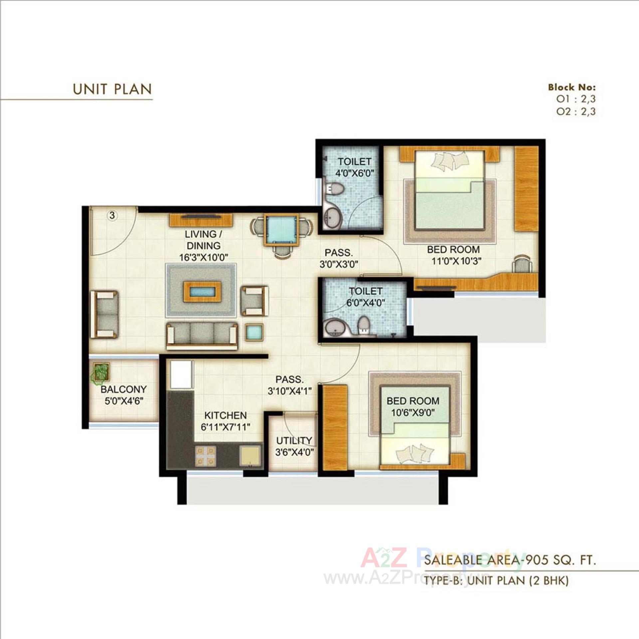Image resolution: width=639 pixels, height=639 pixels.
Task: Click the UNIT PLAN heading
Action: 112,89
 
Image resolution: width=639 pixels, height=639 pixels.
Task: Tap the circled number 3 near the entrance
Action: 112,215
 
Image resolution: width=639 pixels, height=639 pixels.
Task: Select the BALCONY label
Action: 123,389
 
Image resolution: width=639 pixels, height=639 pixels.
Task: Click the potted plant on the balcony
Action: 101,372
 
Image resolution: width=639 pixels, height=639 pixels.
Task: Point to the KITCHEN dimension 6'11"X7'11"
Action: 225,427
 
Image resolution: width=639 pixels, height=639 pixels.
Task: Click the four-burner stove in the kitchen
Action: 205,456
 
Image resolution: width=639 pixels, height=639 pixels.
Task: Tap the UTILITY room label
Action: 294,441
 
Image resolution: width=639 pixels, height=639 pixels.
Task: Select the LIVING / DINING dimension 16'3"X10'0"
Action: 204,257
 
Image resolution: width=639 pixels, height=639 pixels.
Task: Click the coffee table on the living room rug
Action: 202,292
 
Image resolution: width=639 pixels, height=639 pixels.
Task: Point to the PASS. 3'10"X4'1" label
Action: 290,385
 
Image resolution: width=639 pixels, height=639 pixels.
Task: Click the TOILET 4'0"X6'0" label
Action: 354,167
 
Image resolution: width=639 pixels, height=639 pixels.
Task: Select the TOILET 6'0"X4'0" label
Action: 365,297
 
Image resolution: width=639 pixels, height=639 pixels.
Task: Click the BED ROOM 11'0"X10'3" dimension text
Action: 456,261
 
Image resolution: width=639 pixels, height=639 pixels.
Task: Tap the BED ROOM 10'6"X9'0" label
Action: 413,407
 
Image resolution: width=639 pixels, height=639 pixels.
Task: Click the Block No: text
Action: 572,88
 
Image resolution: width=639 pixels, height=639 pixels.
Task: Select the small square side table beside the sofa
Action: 255,332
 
